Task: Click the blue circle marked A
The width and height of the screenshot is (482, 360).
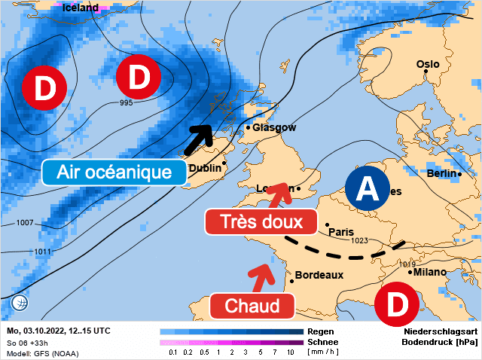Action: (367, 188)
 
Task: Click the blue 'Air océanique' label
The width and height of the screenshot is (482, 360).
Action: (114, 172)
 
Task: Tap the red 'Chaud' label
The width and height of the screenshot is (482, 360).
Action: (252, 306)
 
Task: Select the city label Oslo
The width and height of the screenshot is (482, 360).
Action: (428, 64)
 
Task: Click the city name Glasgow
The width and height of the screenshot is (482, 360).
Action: (274, 128)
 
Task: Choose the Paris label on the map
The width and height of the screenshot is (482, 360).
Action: (341, 231)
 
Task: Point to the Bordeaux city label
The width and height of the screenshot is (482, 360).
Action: (319, 275)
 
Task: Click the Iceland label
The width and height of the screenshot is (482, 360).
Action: (80, 8)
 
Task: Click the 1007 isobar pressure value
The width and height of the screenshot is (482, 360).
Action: (25, 223)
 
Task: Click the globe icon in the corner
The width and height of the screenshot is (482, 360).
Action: (20, 303)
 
